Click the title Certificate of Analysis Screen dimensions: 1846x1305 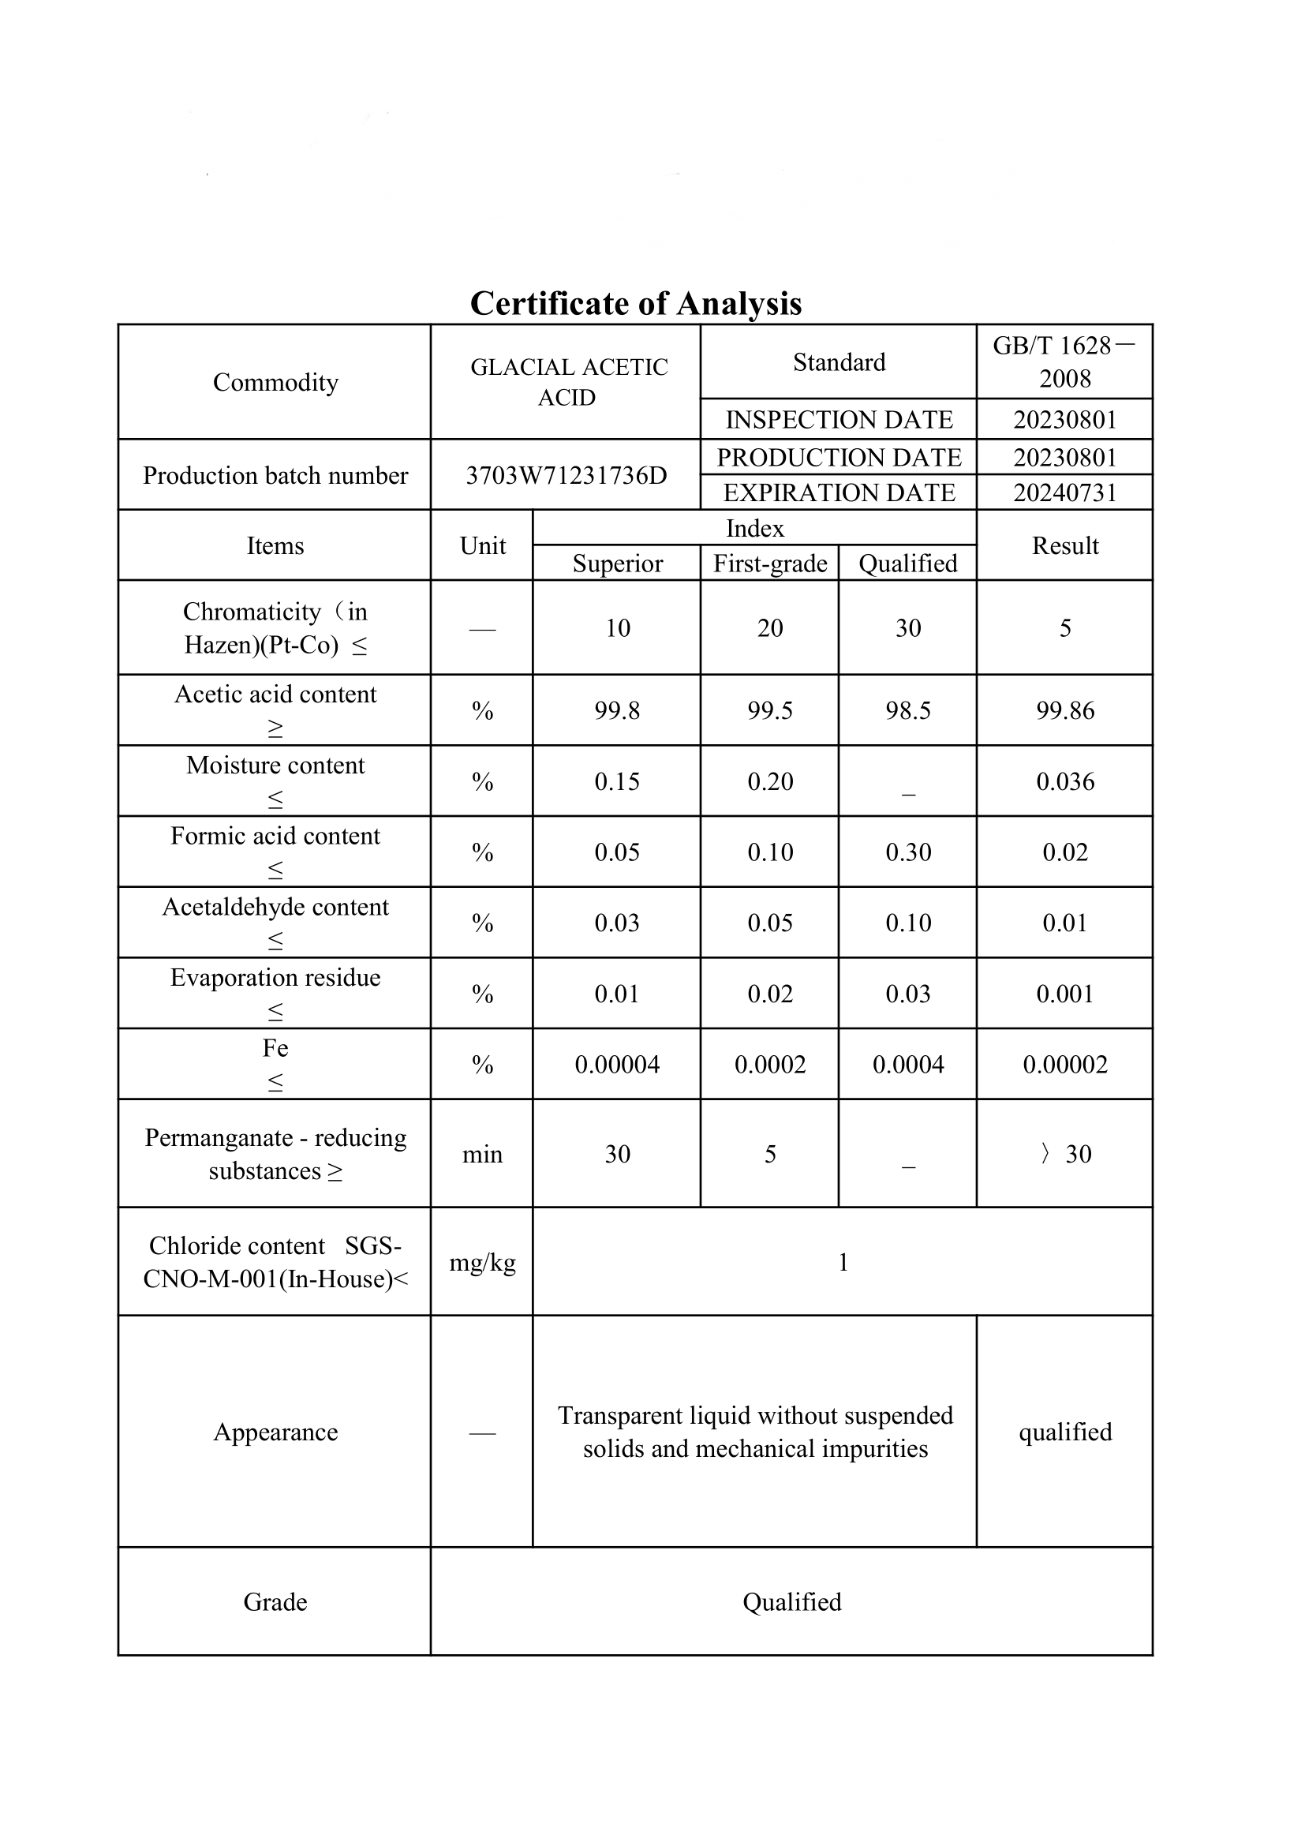coord(636,304)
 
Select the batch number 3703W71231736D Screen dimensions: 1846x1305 coord(566,475)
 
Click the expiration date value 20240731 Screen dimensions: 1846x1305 coord(1064,492)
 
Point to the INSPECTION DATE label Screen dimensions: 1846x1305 coord(839,420)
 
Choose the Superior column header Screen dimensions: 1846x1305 coord(617,564)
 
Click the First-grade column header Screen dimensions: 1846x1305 coord(770,564)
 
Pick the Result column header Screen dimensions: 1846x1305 coord(1064,545)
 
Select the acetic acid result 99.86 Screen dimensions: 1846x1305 coord(1064,711)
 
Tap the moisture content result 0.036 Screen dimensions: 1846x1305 coord(1064,781)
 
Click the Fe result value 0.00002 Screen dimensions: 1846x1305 coord(1064,1065)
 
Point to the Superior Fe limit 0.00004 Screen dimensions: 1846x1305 coord(617,1065)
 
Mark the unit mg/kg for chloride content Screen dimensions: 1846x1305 coord(482,1262)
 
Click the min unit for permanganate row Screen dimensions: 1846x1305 coord(482,1155)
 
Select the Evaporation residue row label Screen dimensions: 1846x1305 coord(275,978)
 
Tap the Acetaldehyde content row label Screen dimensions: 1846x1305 coord(275,907)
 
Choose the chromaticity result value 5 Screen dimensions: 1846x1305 coord(1064,628)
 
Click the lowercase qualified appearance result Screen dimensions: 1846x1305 coord(1064,1432)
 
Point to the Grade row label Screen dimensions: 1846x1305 coord(275,1602)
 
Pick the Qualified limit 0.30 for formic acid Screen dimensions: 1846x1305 coord(908,852)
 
